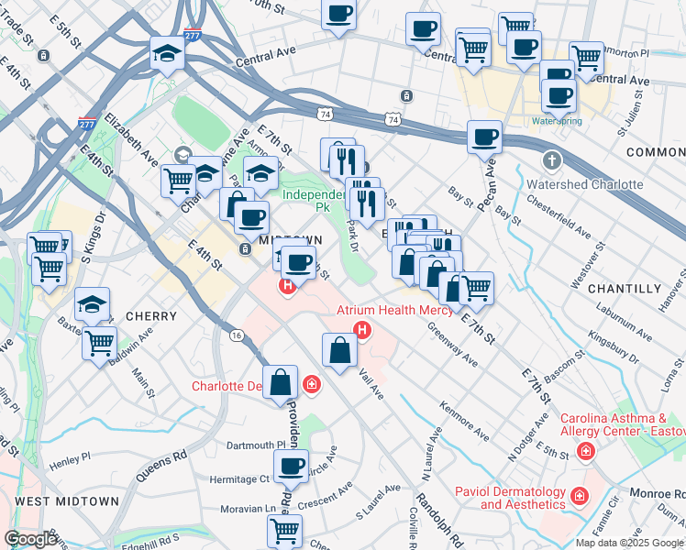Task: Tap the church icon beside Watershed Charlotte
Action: coord(551,161)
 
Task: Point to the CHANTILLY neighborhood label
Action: coord(625,289)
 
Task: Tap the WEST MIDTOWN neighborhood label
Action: coord(67,501)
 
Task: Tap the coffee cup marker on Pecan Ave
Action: coord(484,138)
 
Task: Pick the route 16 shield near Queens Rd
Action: coord(237,336)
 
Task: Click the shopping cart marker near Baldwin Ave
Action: coord(99,344)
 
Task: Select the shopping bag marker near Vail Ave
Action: coord(339,350)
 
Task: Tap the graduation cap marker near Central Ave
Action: coord(168,55)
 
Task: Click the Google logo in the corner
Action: coord(30,539)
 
